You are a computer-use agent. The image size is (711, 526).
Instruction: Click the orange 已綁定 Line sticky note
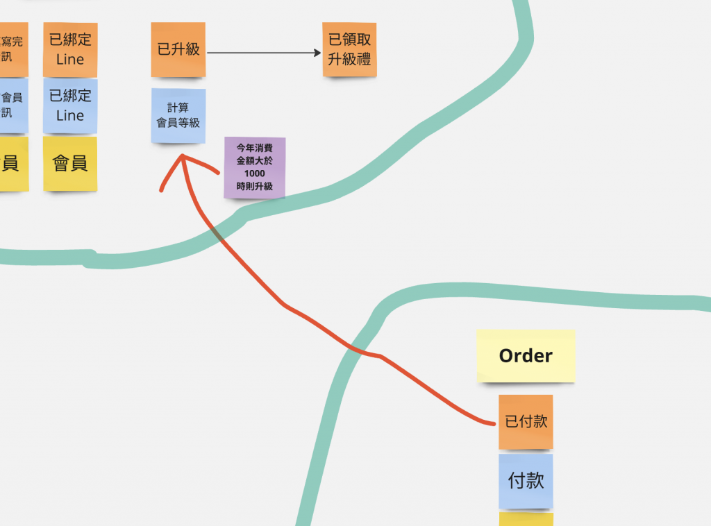click(x=70, y=49)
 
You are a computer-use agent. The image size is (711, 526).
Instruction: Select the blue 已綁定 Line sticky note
click(x=70, y=105)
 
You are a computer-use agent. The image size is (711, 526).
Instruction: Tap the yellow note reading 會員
click(x=70, y=164)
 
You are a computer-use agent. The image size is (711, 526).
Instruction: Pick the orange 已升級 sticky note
click(x=178, y=49)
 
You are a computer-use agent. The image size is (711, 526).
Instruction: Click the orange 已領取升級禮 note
click(x=349, y=49)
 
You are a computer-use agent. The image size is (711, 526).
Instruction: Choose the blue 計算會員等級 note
click(x=178, y=116)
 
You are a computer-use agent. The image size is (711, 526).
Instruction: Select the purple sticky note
click(x=255, y=167)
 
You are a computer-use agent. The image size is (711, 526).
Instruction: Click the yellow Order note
click(x=526, y=356)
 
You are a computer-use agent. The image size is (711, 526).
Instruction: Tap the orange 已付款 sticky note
click(x=526, y=422)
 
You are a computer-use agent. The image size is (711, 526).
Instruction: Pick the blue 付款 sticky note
click(x=526, y=481)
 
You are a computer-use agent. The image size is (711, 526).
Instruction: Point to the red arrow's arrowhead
click(x=183, y=158)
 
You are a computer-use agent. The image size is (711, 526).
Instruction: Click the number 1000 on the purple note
click(x=255, y=173)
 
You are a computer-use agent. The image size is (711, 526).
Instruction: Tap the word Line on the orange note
click(x=70, y=60)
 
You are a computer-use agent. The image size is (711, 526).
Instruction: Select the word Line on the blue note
click(x=70, y=116)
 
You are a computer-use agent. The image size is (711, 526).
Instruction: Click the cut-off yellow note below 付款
click(x=526, y=519)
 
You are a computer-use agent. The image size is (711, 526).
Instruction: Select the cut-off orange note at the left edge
click(x=13, y=49)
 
